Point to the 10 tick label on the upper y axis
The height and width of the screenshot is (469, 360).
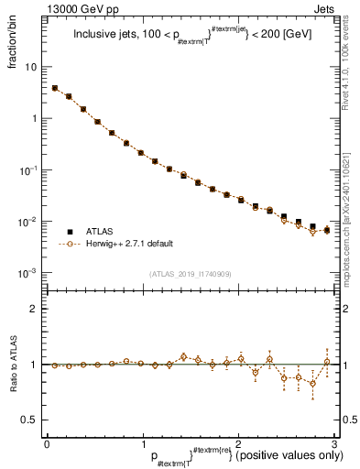[32, 68]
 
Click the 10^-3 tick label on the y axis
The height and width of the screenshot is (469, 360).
[30, 274]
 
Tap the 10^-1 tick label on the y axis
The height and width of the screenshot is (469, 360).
[30, 170]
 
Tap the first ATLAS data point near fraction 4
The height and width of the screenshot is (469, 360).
[55, 88]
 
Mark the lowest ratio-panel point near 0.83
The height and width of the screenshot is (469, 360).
[312, 384]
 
